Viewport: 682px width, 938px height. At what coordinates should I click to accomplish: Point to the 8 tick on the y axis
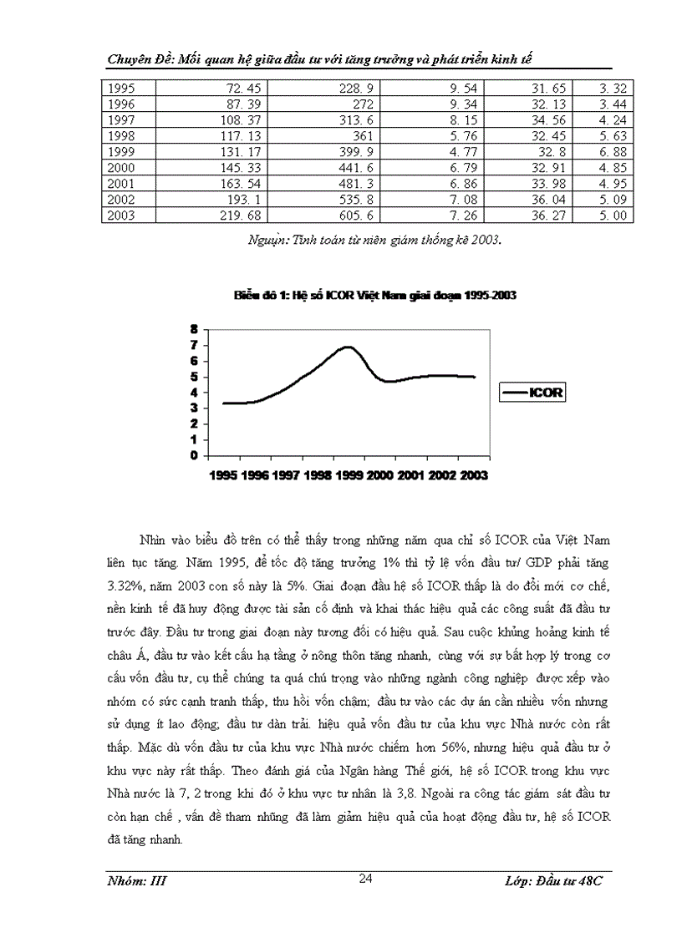click(193, 329)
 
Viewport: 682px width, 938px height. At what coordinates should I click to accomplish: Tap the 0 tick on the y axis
click(193, 456)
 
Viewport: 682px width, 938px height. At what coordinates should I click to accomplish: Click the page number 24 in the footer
click(365, 877)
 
